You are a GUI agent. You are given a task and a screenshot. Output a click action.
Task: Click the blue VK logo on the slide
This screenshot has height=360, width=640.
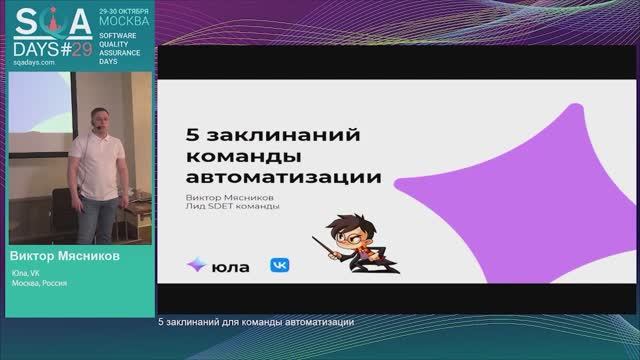(280, 266)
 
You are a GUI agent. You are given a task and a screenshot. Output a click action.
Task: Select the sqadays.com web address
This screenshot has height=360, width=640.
(33, 61)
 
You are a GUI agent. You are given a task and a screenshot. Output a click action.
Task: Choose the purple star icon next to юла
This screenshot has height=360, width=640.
(196, 266)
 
